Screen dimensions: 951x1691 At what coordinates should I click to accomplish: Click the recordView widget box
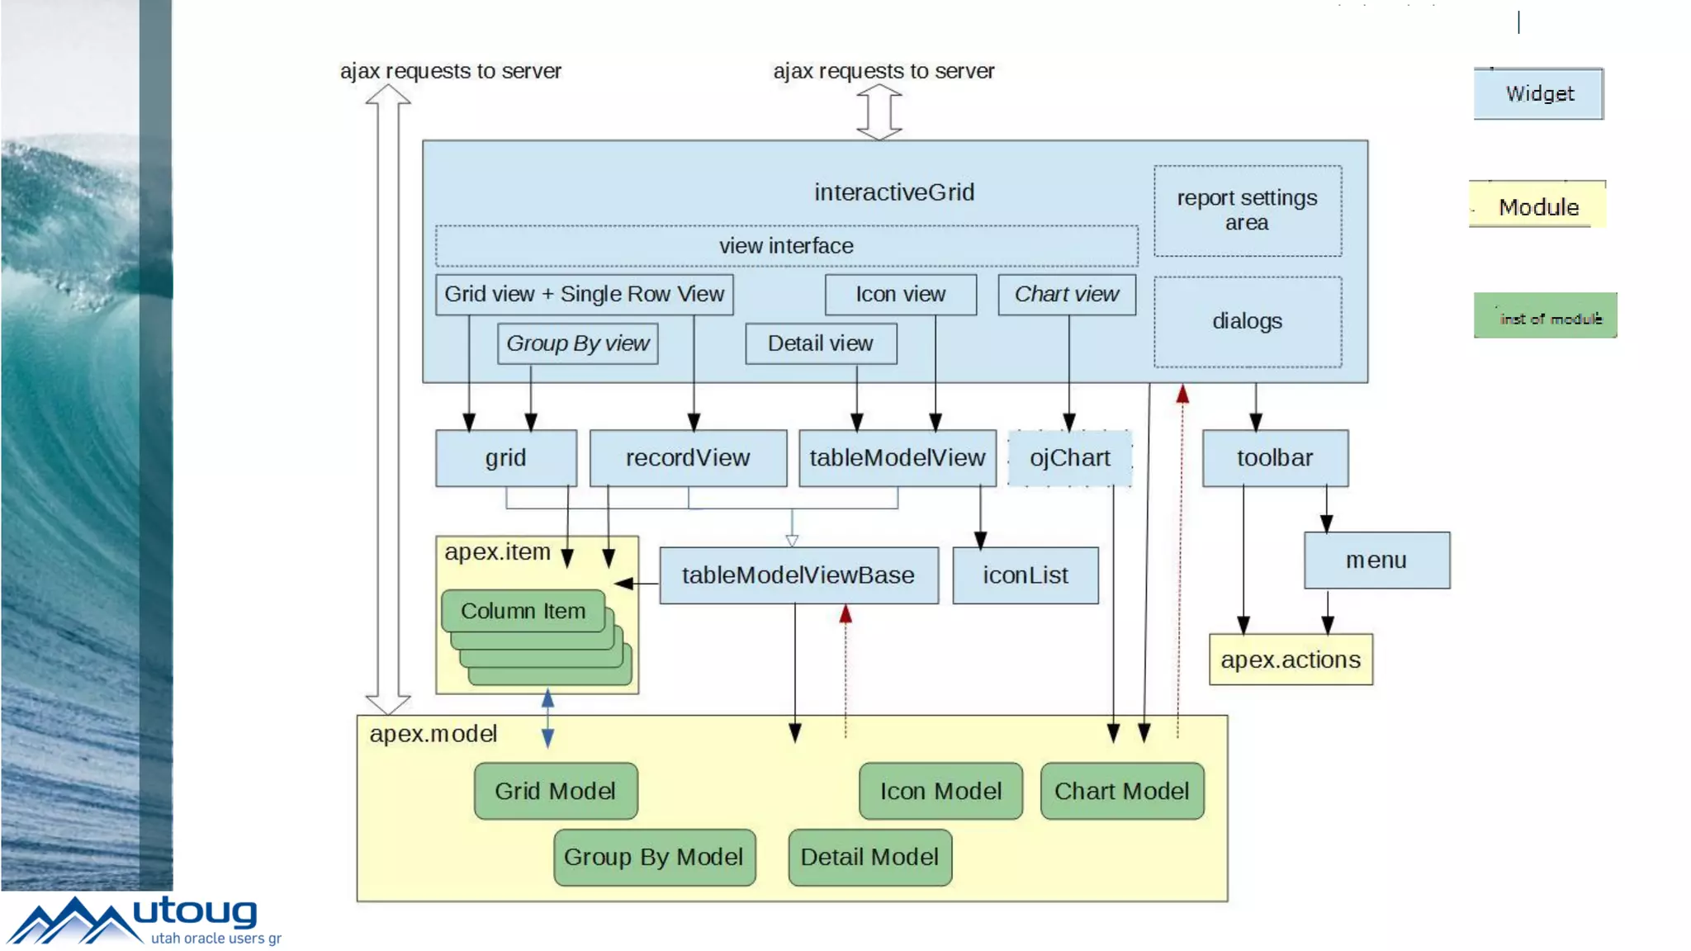tap(688, 457)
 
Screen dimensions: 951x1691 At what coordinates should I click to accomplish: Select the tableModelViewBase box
tap(798, 575)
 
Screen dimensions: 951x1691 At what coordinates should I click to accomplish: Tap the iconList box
tap(1025, 575)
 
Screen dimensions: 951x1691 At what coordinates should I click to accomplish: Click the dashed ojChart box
tap(1069, 457)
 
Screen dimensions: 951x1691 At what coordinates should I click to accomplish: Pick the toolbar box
tap(1274, 457)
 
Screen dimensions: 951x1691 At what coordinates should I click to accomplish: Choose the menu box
tap(1376, 560)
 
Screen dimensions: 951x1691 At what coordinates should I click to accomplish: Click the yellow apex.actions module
tap(1291, 660)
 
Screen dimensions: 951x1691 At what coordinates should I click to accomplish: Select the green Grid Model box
tap(555, 791)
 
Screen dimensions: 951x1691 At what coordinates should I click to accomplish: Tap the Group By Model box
tap(654, 857)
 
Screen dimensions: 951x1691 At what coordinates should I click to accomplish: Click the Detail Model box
tap(869, 857)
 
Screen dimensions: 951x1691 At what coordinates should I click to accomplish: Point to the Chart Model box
tap(1121, 791)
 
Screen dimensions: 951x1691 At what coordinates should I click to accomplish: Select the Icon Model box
tap(940, 791)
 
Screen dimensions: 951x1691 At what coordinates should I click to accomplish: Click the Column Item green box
tap(523, 611)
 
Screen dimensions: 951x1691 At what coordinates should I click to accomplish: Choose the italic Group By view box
tap(577, 343)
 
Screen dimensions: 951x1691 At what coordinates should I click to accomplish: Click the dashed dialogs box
tap(1247, 321)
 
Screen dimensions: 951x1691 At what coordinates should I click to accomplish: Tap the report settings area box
tap(1247, 211)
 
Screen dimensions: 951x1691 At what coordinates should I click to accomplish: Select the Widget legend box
tap(1538, 94)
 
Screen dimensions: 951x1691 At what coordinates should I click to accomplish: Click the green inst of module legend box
tap(1545, 316)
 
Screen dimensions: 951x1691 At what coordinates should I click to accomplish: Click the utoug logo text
tap(195, 912)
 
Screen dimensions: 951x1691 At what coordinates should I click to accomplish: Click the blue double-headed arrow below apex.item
tap(547, 718)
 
